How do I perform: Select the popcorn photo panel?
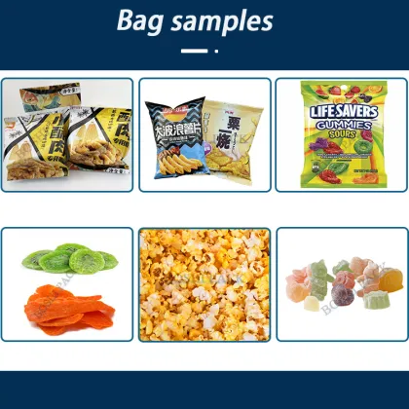pyautogui.click(x=204, y=283)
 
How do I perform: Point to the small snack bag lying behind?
pyautogui.click(x=38, y=98)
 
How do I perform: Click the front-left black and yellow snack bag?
pyautogui.click(x=39, y=146)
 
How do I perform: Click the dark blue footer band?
pyautogui.click(x=204, y=390)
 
